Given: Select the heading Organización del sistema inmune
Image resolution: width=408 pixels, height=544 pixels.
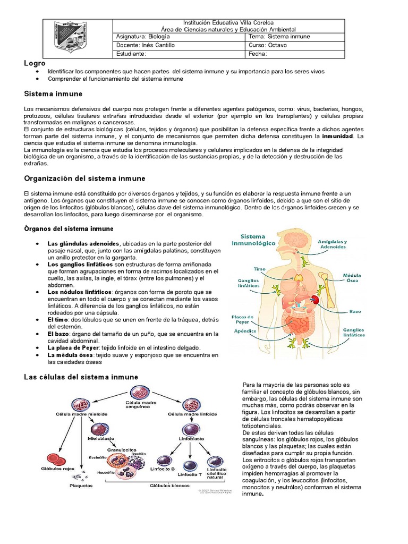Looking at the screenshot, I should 85,178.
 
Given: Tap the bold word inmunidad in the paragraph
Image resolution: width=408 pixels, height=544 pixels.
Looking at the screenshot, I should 338,137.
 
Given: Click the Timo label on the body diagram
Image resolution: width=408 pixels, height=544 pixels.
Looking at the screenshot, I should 259,269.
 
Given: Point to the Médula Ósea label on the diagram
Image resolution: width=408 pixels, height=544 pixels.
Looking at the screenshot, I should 352,278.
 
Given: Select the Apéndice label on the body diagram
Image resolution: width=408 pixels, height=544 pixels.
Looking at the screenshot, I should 245,331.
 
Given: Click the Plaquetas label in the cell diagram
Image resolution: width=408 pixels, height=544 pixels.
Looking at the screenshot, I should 80,485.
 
